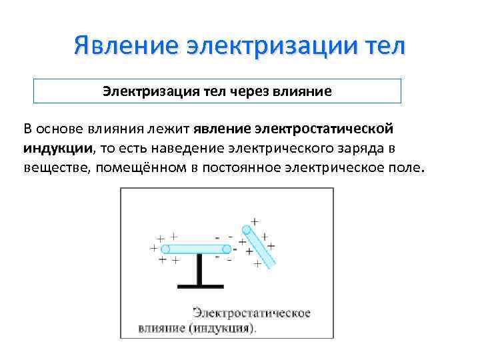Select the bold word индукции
coord(58,147)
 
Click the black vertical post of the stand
coord(199,269)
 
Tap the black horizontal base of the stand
coord(199,285)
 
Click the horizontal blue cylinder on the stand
coord(196,249)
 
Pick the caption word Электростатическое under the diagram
coord(251,313)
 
